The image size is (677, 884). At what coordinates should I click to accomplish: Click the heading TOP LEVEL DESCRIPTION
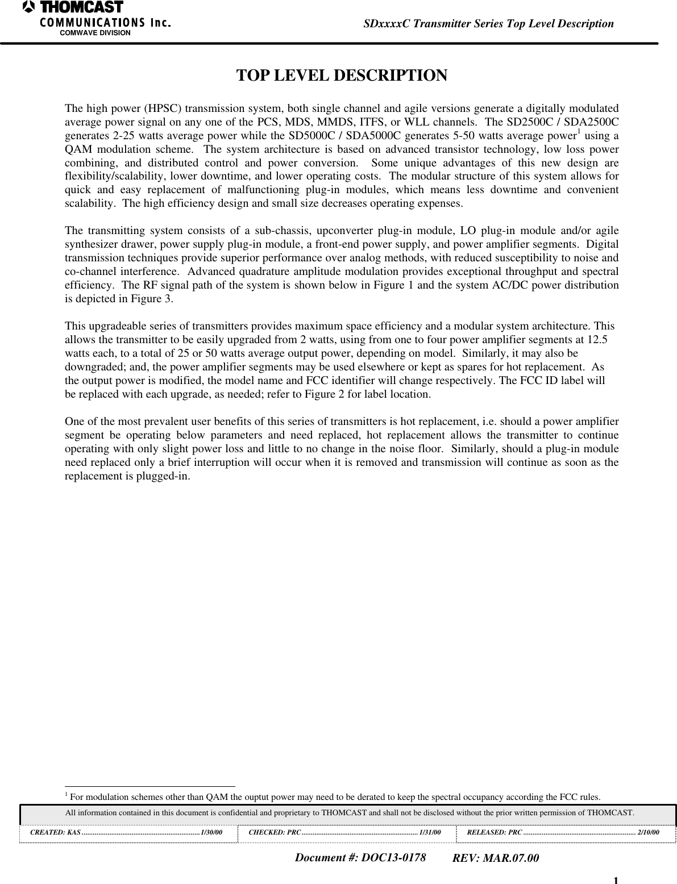tap(341, 76)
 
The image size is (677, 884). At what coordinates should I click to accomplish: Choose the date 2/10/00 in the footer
tap(649, 832)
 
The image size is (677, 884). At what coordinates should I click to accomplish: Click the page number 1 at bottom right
tap(616, 880)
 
